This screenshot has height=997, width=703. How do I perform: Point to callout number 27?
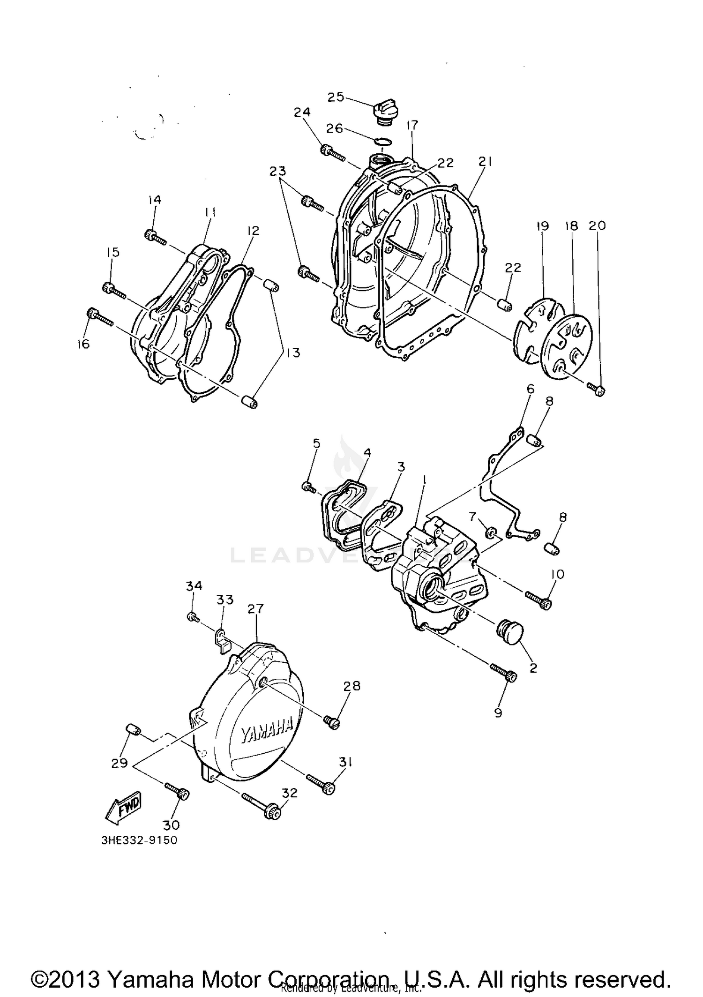click(256, 609)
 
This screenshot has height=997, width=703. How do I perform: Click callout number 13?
click(293, 352)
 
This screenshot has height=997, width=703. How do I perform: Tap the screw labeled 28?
click(331, 722)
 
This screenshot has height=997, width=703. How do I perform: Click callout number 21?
click(485, 162)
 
